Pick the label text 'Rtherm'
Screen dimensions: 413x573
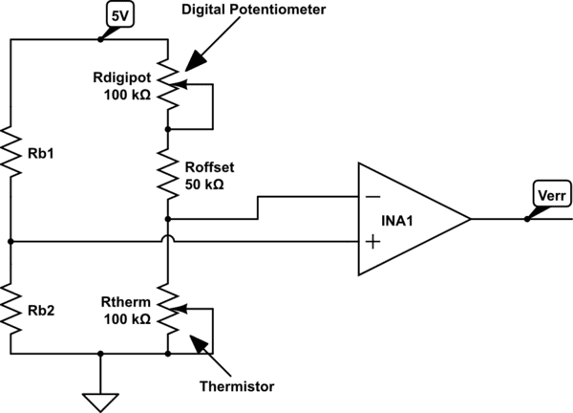point(123,302)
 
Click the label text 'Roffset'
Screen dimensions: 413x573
point(206,166)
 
